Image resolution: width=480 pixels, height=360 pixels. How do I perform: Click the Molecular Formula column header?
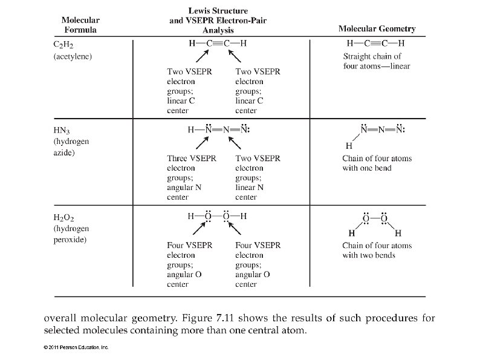(x=80, y=24)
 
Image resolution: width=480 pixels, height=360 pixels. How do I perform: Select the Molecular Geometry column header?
(x=377, y=28)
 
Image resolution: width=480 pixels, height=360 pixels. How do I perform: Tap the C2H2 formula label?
(x=63, y=44)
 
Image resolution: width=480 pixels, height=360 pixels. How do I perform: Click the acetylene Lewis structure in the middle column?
(x=217, y=44)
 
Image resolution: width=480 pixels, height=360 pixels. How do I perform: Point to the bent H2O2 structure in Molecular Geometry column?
(x=375, y=224)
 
